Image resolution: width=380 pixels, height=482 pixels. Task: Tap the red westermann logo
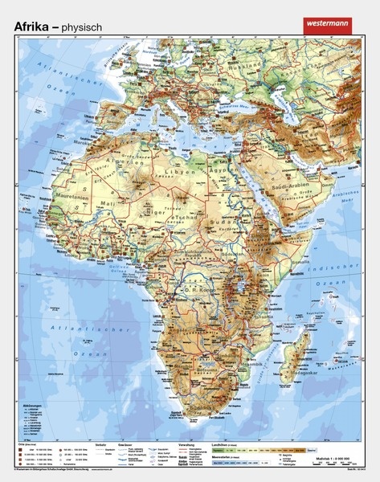coord(331,26)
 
